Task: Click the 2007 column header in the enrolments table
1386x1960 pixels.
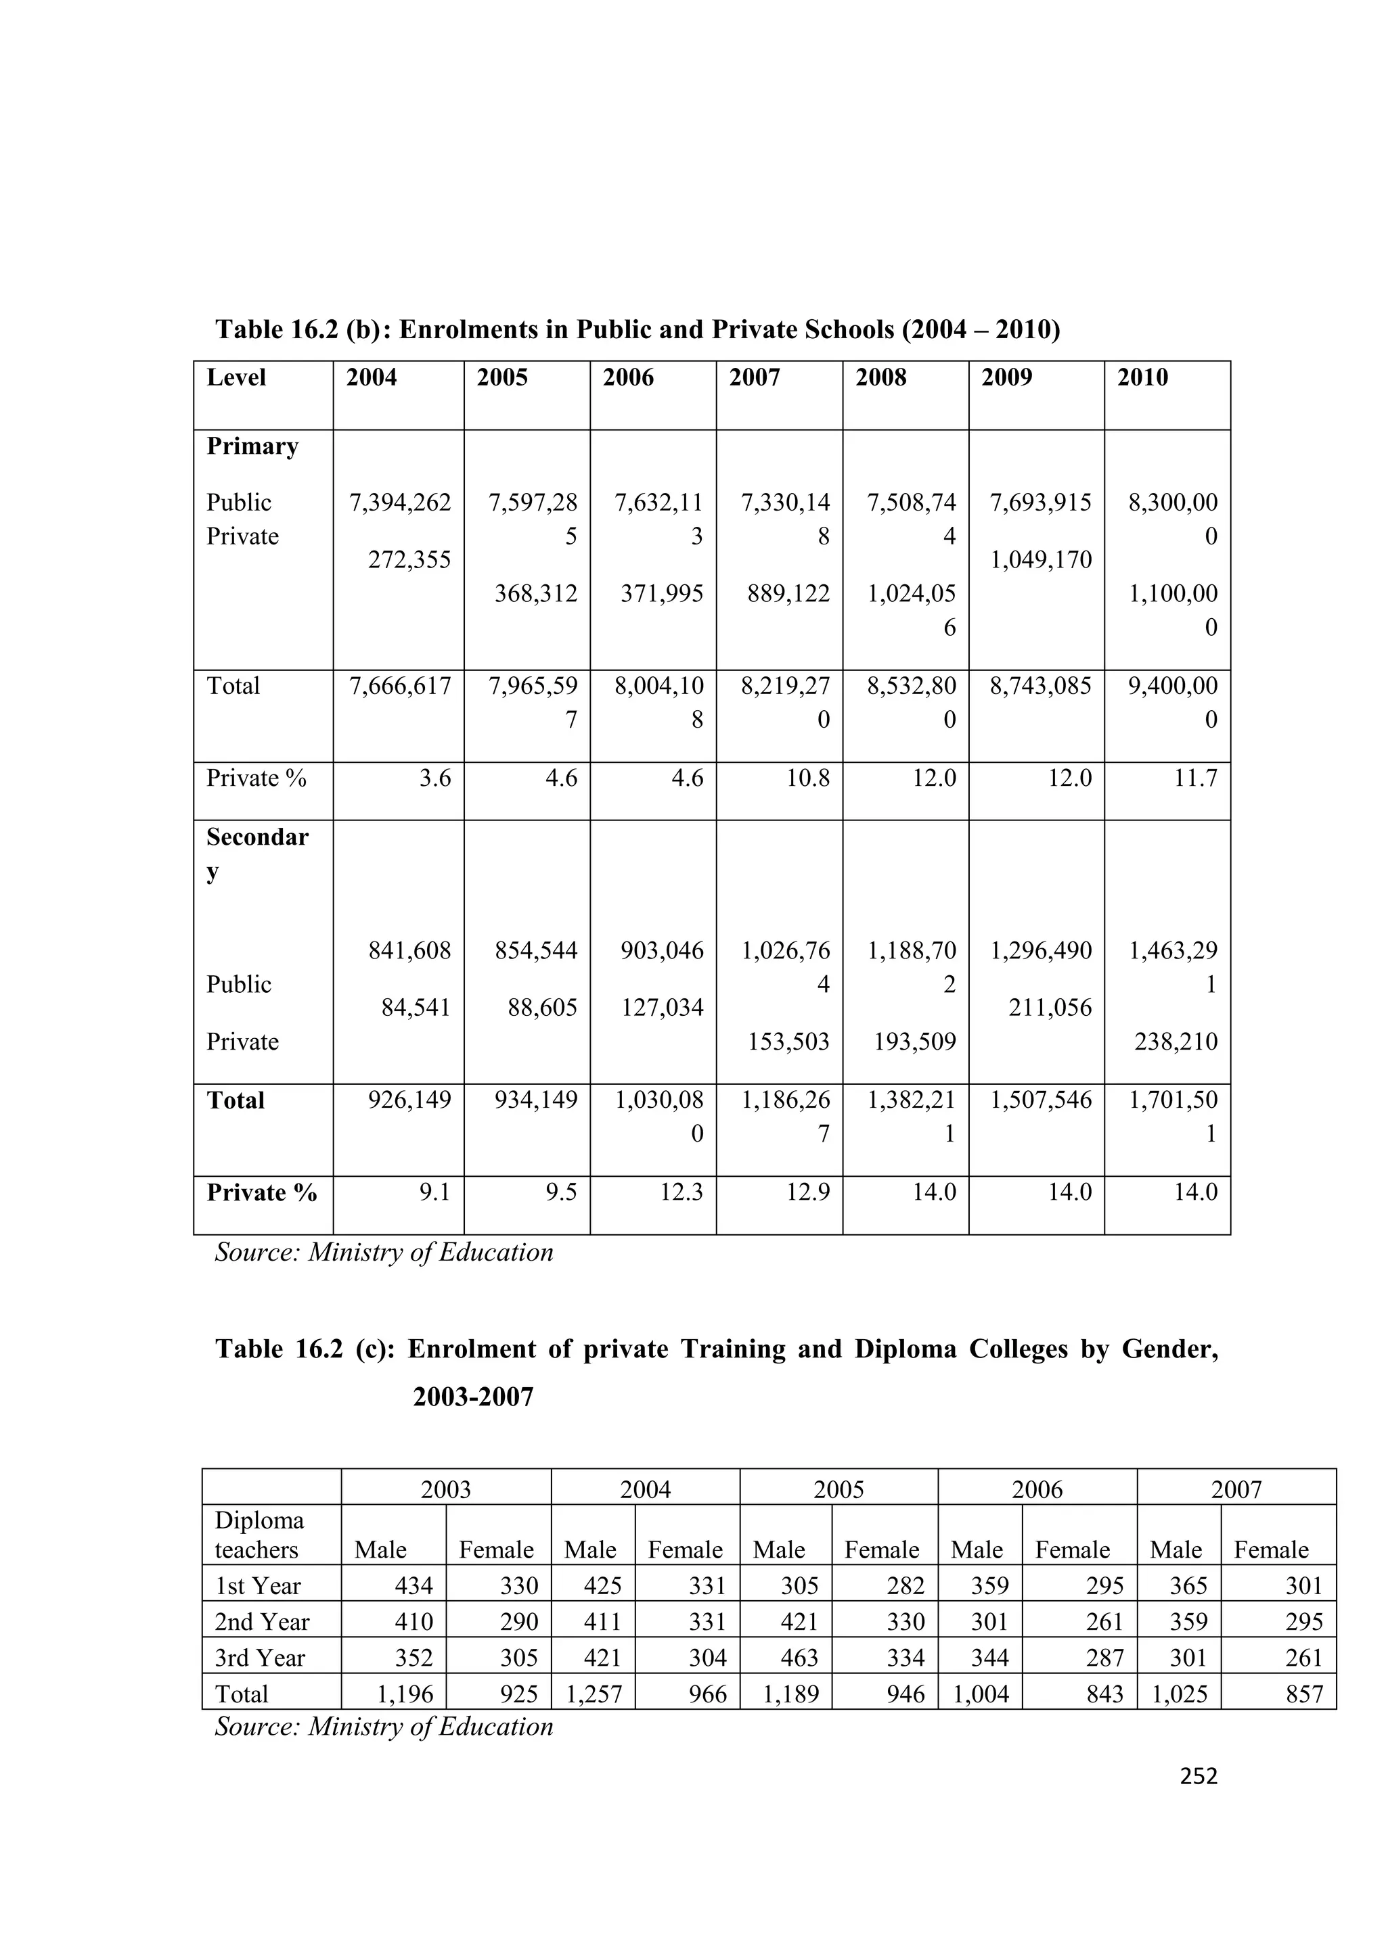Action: tap(754, 377)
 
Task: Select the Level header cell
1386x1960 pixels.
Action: tap(237, 377)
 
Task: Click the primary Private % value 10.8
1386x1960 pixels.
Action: tap(808, 778)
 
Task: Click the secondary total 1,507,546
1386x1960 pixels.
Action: tap(1041, 1100)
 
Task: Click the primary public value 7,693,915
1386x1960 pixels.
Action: tap(1041, 502)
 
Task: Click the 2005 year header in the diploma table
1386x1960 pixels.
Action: tap(839, 1490)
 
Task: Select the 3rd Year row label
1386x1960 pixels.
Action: tap(260, 1658)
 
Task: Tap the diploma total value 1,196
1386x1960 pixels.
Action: tap(405, 1694)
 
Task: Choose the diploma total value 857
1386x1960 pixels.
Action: tap(1304, 1694)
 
